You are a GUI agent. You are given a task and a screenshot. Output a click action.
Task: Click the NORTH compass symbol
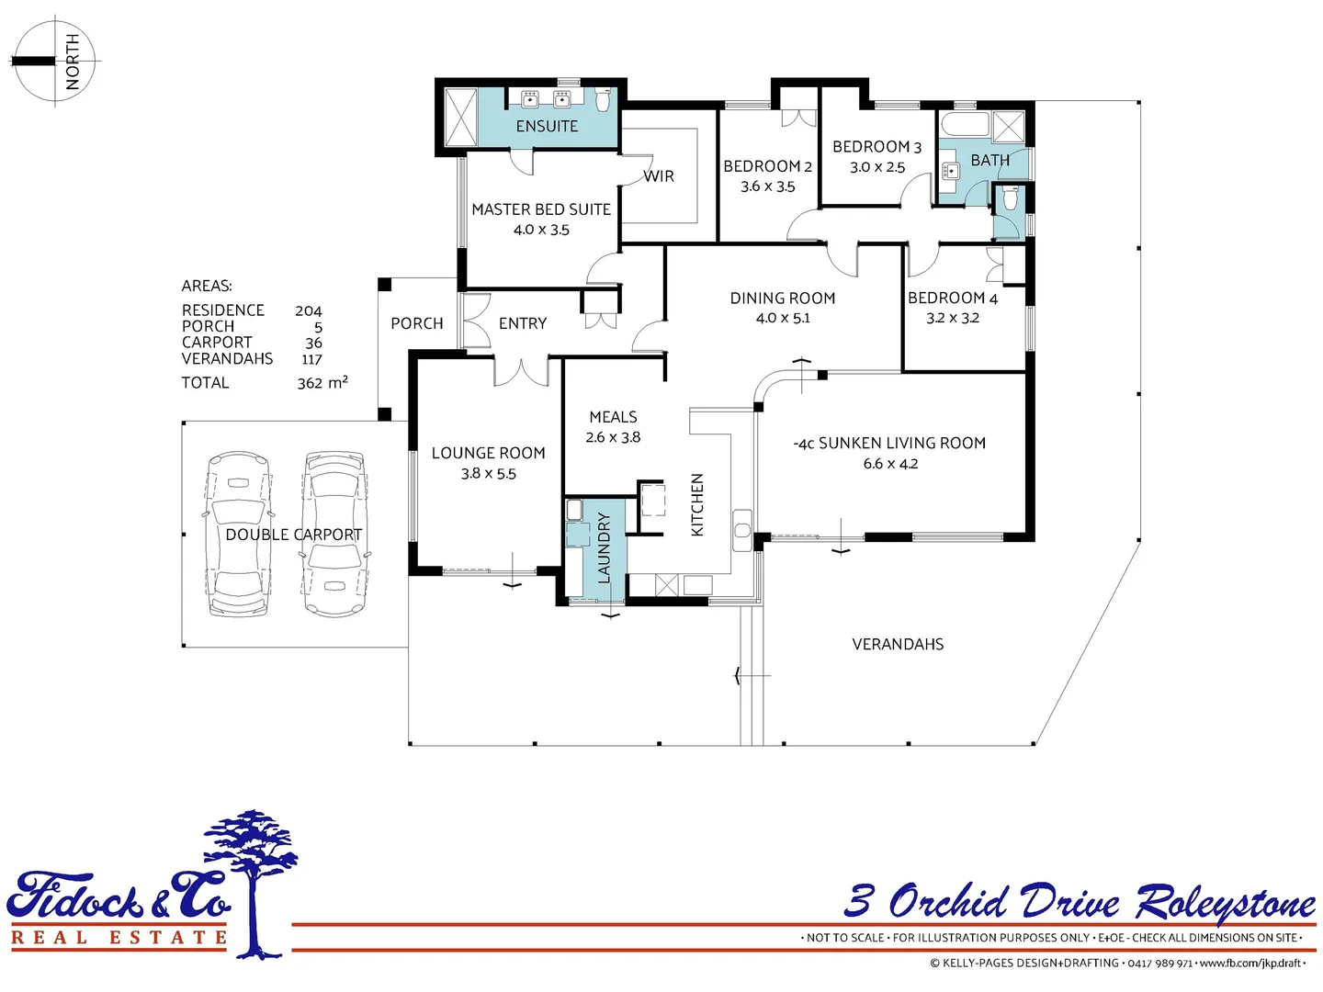tap(55, 62)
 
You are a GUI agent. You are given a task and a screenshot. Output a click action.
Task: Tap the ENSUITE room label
tap(547, 127)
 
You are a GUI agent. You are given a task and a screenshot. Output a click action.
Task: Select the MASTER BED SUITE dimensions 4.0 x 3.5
tap(541, 231)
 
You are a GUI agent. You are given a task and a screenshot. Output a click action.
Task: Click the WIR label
tap(659, 176)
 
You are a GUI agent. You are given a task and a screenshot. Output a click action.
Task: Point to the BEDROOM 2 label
tap(767, 166)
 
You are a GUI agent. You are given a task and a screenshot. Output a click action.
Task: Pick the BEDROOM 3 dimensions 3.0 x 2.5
tap(877, 168)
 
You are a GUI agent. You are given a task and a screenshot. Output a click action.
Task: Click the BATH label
tap(989, 161)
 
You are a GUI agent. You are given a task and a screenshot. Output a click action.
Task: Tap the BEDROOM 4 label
tap(952, 299)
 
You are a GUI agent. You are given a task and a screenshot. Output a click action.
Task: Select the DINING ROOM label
tap(783, 299)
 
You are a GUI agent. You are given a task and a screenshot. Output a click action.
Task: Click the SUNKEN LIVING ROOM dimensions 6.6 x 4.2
tap(890, 464)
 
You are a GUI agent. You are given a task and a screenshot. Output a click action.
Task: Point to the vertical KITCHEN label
tap(697, 505)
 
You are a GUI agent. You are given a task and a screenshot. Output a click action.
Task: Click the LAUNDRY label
tap(604, 548)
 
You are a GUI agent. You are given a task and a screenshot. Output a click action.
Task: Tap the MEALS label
tap(613, 417)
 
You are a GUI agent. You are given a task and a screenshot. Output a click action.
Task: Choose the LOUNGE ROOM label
tap(489, 453)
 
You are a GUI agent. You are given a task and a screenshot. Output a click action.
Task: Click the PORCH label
tap(417, 323)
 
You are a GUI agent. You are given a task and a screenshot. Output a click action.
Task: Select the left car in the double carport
tap(238, 534)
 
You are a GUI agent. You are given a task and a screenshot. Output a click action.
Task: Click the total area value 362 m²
tap(322, 383)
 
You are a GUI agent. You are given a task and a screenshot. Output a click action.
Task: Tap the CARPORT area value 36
tap(313, 344)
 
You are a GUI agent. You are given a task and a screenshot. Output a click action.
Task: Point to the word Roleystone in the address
tap(1226, 904)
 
